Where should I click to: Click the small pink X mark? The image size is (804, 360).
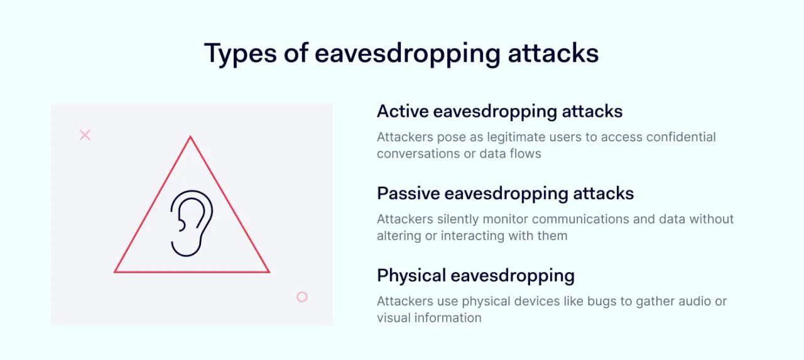tap(85, 134)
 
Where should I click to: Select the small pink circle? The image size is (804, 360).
tap(302, 297)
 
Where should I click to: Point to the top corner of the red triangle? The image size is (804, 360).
tap(190, 137)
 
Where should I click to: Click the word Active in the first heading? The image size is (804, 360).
tap(403, 112)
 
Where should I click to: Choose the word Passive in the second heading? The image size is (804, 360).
tap(408, 194)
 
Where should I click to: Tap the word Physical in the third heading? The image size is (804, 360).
tap(411, 275)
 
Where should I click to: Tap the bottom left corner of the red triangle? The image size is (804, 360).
tap(116, 271)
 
